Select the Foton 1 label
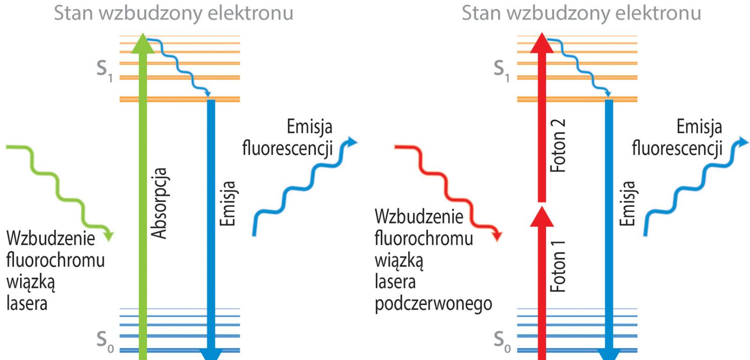point(558,266)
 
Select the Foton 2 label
point(558,145)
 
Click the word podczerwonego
point(433,304)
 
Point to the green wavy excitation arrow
point(61,187)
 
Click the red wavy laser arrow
point(450,187)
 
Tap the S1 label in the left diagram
point(104,70)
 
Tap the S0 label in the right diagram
point(501,341)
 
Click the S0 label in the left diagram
point(104,341)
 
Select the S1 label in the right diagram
point(501,70)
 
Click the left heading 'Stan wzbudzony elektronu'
point(173,13)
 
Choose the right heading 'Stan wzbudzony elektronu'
point(581,13)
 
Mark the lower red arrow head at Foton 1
point(541,217)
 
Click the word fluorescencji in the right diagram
point(677,148)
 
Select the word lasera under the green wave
point(27,303)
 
